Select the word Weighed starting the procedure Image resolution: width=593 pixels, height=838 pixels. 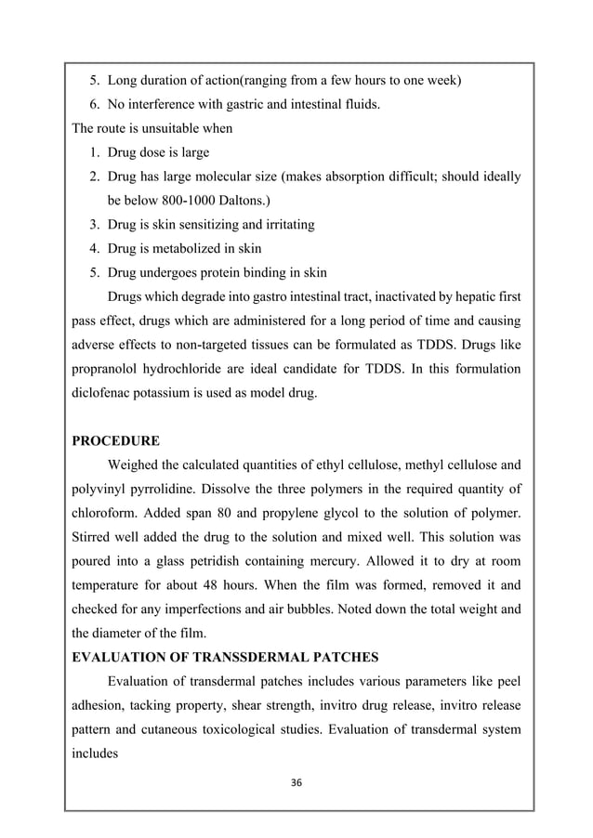point(135,464)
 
